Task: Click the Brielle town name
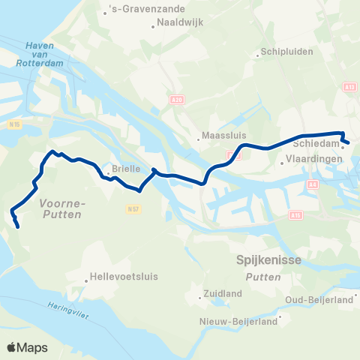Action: coord(126,169)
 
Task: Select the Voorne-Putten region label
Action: coord(61,208)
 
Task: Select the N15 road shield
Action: coord(14,125)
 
